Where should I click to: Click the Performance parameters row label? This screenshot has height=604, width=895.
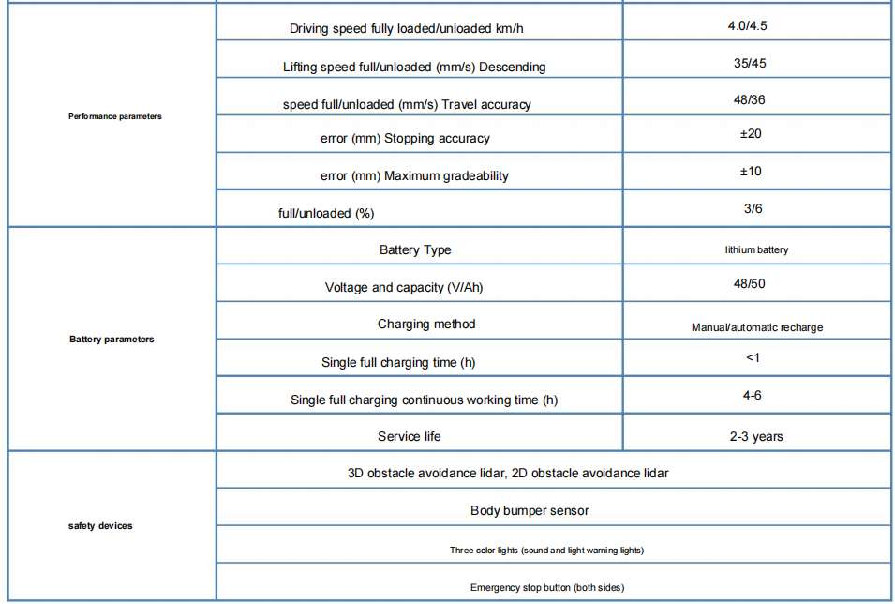point(115,116)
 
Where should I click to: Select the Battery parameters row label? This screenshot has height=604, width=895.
point(112,339)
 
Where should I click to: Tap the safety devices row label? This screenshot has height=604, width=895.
point(100,525)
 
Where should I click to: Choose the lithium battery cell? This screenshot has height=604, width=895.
point(756,250)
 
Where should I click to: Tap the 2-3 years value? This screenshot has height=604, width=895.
point(756,436)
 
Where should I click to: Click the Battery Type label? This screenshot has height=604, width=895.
point(415,250)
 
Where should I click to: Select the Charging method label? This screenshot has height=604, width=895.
point(426,325)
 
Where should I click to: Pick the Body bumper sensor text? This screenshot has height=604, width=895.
point(530,511)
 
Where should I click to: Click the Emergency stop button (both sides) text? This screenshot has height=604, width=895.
point(547,587)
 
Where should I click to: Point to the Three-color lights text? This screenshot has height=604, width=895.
point(546,550)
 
